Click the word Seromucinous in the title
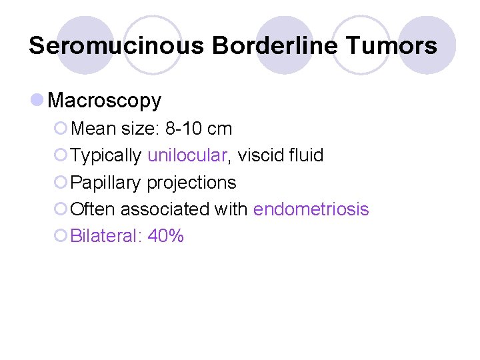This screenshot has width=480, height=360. pyautogui.click(x=116, y=45)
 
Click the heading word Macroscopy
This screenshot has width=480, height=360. pyautogui.click(x=105, y=101)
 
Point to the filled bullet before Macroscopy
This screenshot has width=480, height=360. pyautogui.click(x=37, y=100)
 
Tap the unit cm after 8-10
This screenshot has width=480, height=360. pyautogui.click(x=220, y=128)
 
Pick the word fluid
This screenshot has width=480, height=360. pyautogui.click(x=305, y=155)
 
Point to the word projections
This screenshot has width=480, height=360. pyautogui.click(x=191, y=183)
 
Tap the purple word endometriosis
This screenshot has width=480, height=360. pyautogui.click(x=311, y=209)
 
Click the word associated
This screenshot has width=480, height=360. pyautogui.click(x=165, y=209)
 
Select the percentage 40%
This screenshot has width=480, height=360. pyautogui.click(x=166, y=236)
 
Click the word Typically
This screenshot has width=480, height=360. pyautogui.click(x=106, y=155)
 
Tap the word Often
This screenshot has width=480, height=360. pyautogui.click(x=93, y=209)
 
